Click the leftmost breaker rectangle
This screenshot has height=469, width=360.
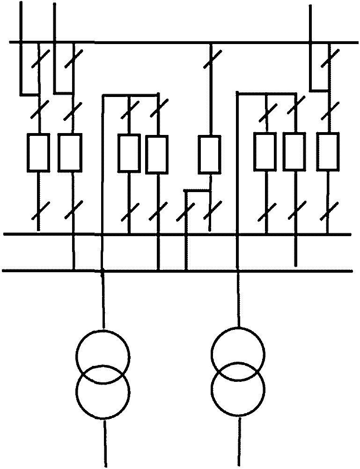pyautogui.click(x=38, y=152)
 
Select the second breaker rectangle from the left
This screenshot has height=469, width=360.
pyautogui.click(x=70, y=152)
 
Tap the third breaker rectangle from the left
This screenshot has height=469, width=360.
pyautogui.click(x=129, y=153)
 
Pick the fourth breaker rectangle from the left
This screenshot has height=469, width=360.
pyautogui.click(x=157, y=154)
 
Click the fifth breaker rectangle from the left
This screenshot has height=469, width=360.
pyautogui.click(x=209, y=154)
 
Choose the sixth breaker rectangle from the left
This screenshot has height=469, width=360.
pyautogui.click(x=266, y=151)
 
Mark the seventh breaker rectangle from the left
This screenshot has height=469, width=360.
pyautogui.click(x=295, y=151)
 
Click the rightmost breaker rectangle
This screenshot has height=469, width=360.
pyautogui.click(x=327, y=151)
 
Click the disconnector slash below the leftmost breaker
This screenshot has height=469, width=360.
pyautogui.click(x=38, y=212)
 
